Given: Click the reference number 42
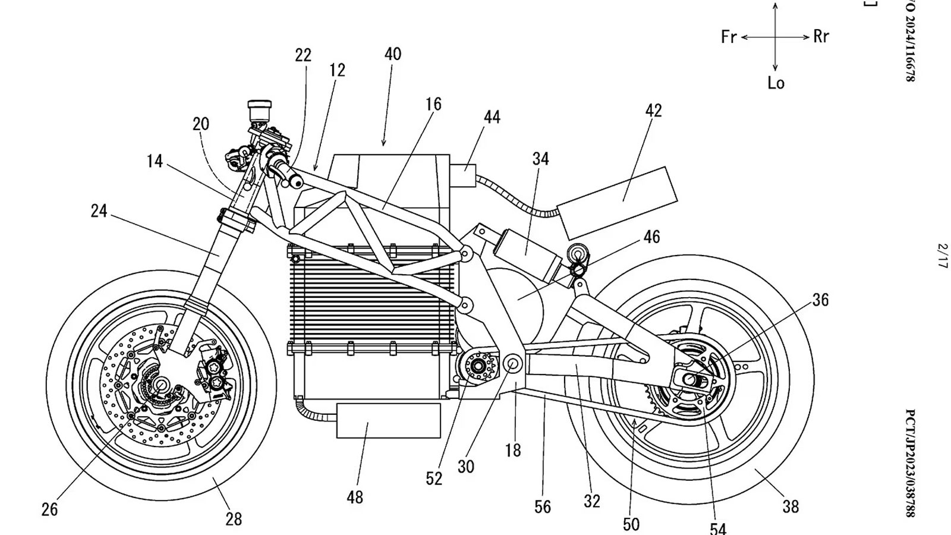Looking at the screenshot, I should (x=653, y=111).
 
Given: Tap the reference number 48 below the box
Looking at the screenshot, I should (x=355, y=497).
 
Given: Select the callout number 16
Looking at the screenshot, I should (x=433, y=105).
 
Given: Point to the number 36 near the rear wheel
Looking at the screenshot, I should (x=820, y=300).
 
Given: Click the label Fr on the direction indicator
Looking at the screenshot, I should (x=729, y=37).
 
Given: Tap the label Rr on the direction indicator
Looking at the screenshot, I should (x=821, y=37).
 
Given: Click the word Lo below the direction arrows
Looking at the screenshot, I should (x=776, y=83).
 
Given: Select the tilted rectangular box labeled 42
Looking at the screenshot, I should (x=617, y=201).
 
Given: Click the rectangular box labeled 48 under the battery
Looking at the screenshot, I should (x=389, y=420).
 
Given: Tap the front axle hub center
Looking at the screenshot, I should (x=161, y=385).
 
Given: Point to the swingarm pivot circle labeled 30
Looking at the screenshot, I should (x=512, y=363).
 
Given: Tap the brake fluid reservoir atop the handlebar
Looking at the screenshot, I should (x=259, y=111).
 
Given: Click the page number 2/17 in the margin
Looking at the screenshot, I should (x=941, y=255).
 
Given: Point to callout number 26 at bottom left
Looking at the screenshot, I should (x=49, y=509).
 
